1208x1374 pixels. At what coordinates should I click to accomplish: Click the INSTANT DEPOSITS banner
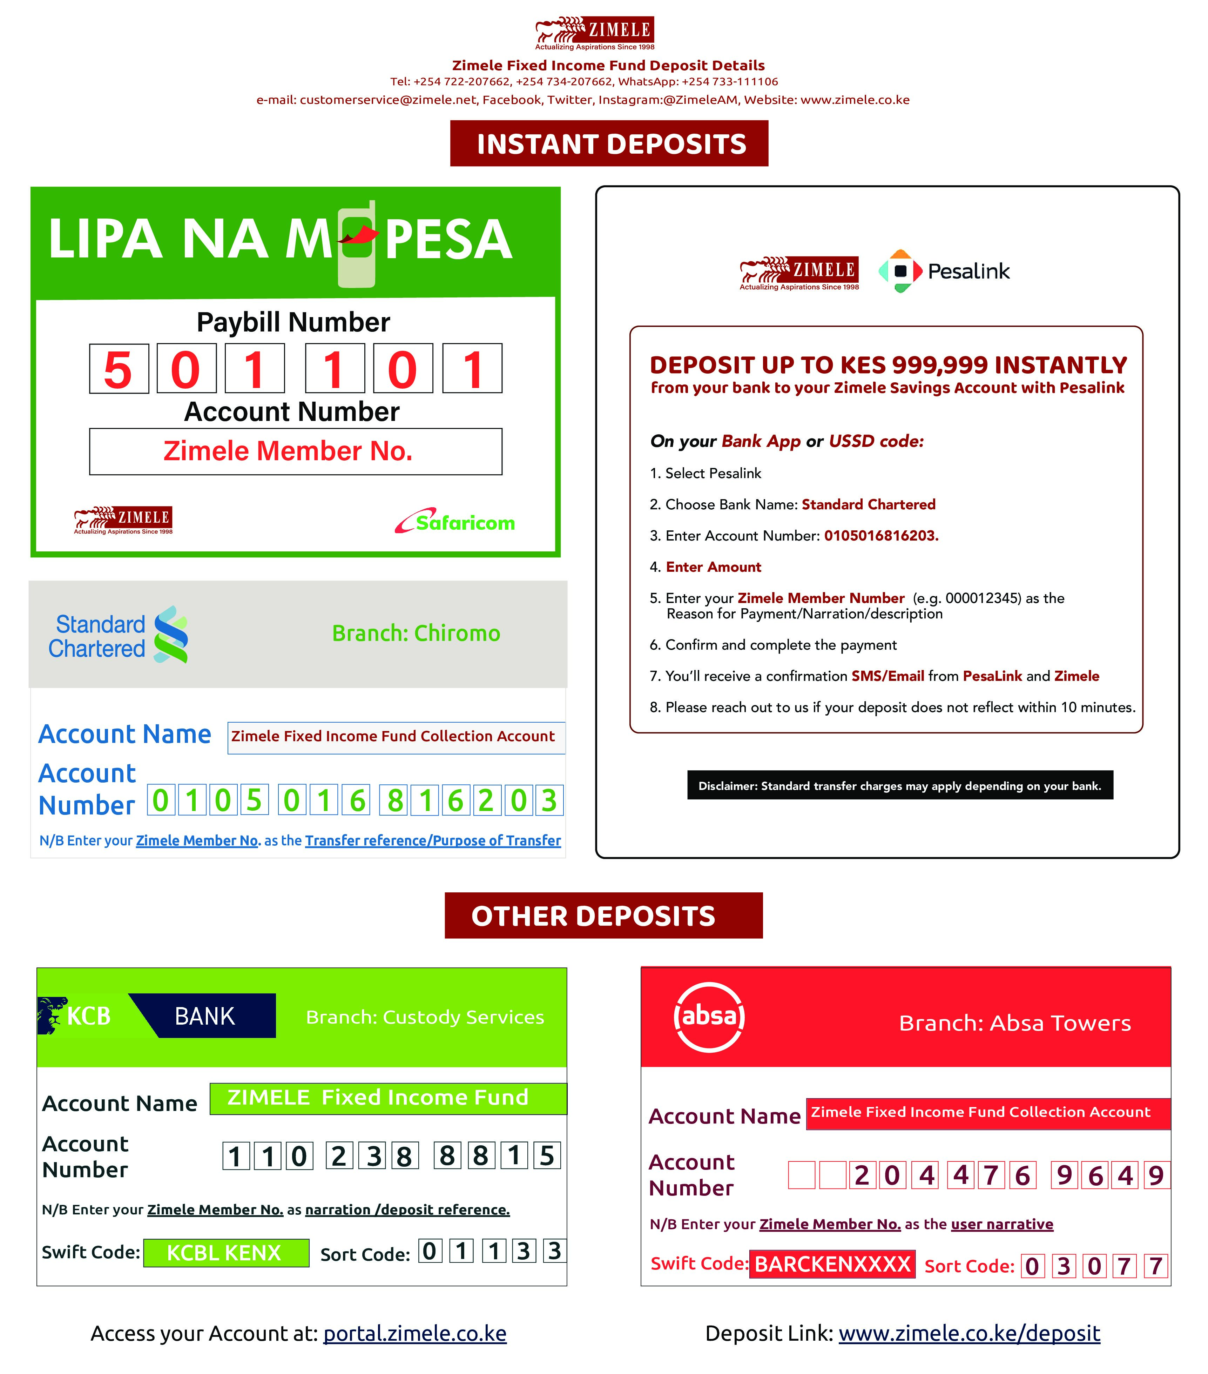point(609,144)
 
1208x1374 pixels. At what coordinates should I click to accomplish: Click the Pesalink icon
point(900,271)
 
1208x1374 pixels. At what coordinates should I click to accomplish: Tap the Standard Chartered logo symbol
point(171,635)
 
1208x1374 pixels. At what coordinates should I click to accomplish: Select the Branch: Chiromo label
point(416,633)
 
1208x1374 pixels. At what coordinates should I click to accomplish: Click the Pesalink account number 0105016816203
point(881,536)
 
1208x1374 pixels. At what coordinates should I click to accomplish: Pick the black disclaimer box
point(900,785)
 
